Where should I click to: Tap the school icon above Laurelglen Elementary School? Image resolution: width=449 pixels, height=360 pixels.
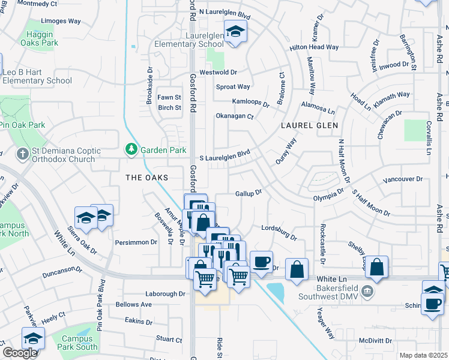click(235, 31)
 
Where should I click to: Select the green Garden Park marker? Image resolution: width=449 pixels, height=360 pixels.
click(131, 148)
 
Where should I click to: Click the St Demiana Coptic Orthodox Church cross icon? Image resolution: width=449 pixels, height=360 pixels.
click(22, 154)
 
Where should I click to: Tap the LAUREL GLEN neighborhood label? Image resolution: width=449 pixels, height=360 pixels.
click(309, 125)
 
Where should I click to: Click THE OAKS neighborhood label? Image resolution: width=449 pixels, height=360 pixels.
click(146, 178)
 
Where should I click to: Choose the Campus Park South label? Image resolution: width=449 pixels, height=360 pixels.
click(79, 343)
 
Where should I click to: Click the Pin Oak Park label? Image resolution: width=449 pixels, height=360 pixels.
click(23, 125)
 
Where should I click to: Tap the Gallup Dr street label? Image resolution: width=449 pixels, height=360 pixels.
click(249, 193)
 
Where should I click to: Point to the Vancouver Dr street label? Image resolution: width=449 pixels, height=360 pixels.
click(402, 179)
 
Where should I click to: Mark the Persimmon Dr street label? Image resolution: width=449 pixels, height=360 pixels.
click(136, 242)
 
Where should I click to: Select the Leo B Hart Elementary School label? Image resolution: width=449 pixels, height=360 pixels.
click(37, 76)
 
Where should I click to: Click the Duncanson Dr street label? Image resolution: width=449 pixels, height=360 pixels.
click(62, 275)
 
